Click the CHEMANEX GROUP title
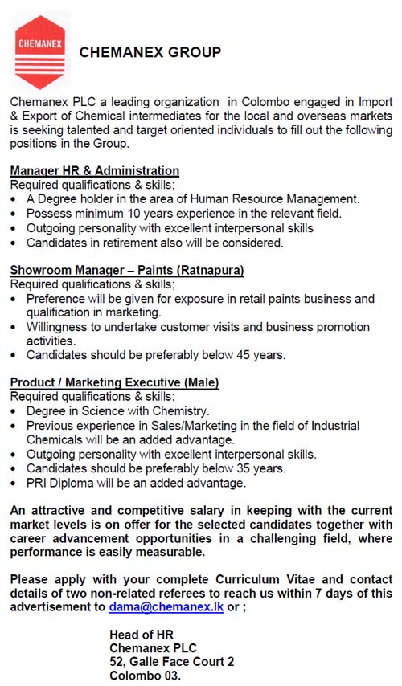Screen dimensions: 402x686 pyautogui.click(x=150, y=53)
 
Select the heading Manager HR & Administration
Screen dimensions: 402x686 pyautogui.click(x=94, y=171)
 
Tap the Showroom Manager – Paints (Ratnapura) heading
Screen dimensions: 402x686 pyautogui.click(x=127, y=270)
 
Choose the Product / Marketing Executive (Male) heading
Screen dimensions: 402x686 pyautogui.click(x=114, y=383)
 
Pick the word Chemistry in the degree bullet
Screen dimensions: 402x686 pyautogui.click(x=180, y=410)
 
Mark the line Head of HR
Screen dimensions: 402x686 pyautogui.click(x=142, y=635)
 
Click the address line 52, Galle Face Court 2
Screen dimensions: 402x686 pyautogui.click(x=171, y=662)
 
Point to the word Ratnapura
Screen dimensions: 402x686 pyautogui.click(x=210, y=270)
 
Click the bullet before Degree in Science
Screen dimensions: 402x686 pyautogui.click(x=15, y=411)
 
